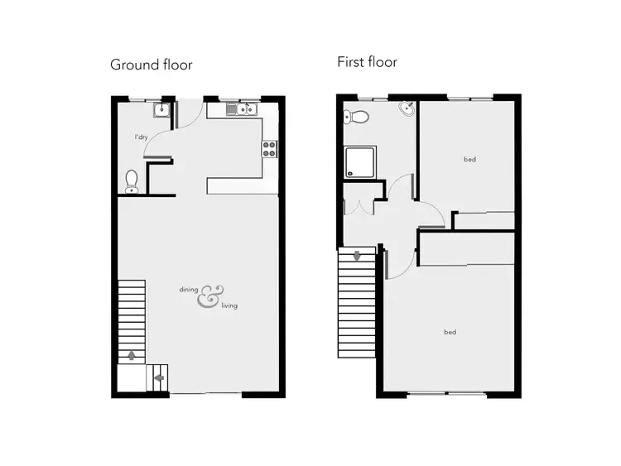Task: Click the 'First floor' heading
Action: (x=367, y=62)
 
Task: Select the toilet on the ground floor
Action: (x=131, y=181)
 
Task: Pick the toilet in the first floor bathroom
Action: (x=354, y=115)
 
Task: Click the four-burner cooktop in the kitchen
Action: (x=269, y=149)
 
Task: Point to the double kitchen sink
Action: (x=243, y=109)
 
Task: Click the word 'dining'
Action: (x=189, y=290)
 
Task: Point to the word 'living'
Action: (x=229, y=306)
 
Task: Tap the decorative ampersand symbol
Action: (x=209, y=297)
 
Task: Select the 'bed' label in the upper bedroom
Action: (x=469, y=159)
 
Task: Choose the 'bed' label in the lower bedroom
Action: (x=450, y=332)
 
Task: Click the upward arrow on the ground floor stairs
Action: (x=131, y=355)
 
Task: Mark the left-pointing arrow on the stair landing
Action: (x=159, y=379)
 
